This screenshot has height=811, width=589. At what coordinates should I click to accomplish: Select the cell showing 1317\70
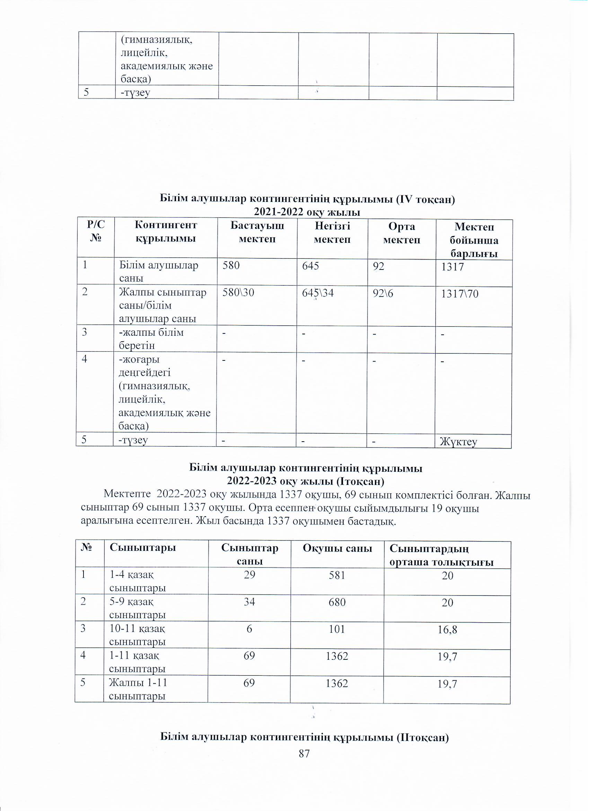[460, 294]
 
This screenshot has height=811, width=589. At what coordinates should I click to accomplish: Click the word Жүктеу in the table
[458, 442]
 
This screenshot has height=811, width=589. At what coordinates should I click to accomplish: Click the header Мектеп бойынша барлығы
[474, 240]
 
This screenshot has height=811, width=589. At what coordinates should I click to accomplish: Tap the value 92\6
[383, 293]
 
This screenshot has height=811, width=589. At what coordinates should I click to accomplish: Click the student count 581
[337, 575]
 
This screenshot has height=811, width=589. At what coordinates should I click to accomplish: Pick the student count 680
[337, 603]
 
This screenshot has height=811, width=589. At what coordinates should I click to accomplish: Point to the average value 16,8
[448, 630]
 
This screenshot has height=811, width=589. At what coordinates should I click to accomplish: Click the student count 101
[337, 629]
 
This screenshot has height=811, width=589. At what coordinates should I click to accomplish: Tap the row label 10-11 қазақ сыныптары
[137, 635]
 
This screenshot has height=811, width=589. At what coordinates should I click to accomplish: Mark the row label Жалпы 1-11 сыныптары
[138, 689]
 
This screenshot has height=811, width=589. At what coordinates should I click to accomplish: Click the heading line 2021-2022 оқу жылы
[307, 212]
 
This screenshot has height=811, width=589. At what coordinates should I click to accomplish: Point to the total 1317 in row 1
[452, 267]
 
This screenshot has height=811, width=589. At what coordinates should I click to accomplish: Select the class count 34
[249, 602]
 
